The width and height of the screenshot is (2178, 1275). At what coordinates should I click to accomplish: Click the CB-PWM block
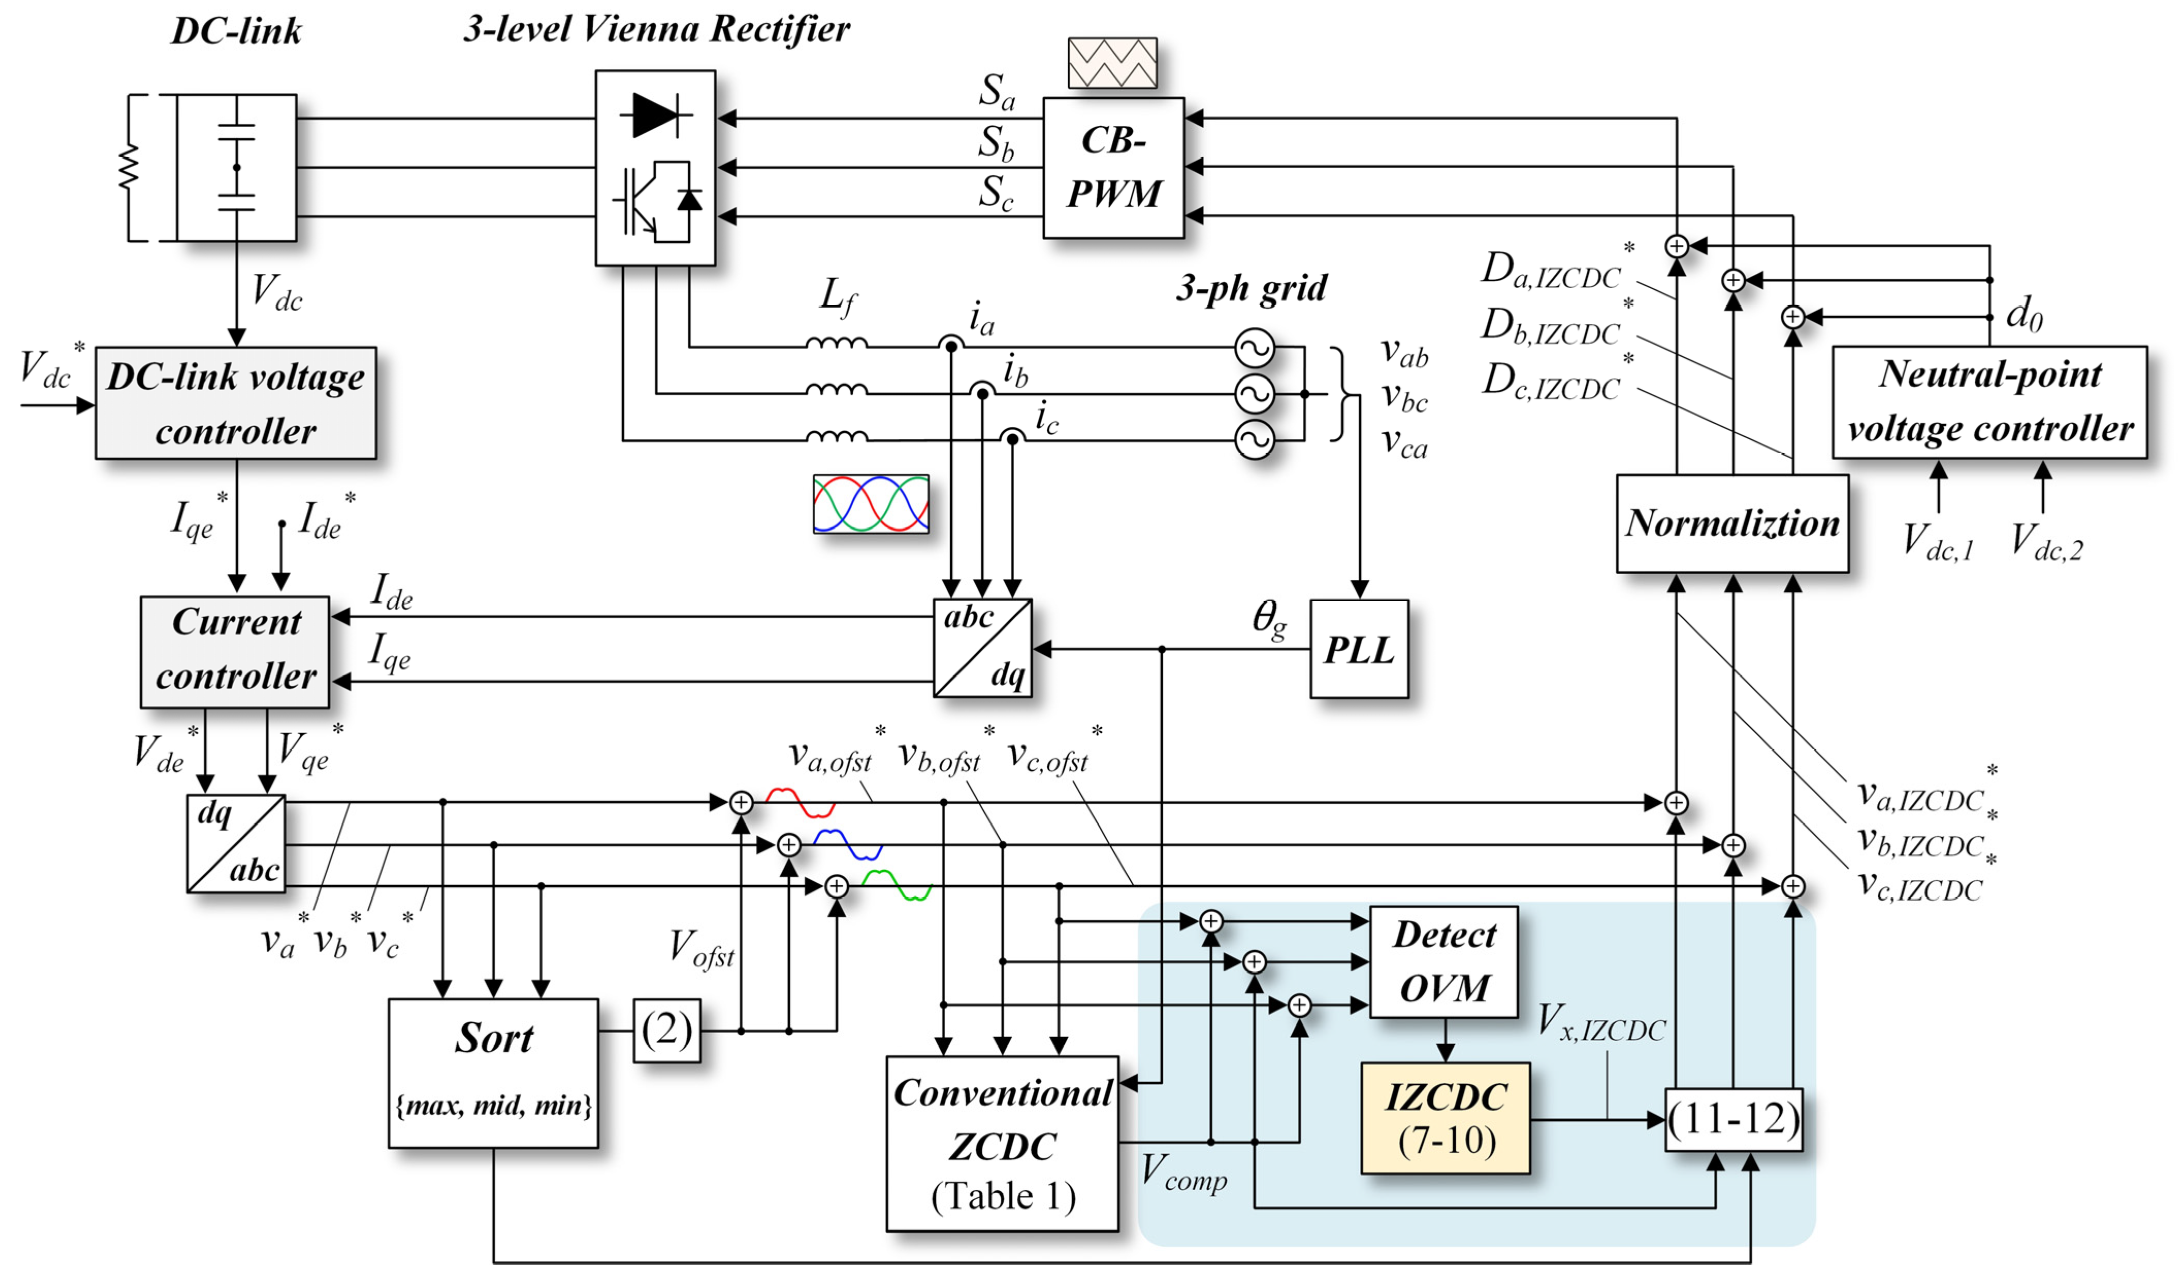pyautogui.click(x=1113, y=168)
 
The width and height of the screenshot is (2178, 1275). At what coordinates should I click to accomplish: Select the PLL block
pyautogui.click(x=1359, y=649)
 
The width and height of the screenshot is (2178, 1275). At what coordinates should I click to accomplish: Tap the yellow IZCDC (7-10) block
pyautogui.click(x=1445, y=1118)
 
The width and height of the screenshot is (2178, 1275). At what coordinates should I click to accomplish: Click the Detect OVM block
pyautogui.click(x=1443, y=962)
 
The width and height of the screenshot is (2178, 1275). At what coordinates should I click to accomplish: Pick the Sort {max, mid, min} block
pyautogui.click(x=493, y=1073)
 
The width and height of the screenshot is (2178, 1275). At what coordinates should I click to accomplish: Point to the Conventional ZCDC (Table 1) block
pyautogui.click(x=1002, y=1144)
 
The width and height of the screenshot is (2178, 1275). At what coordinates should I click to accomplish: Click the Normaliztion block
pyautogui.click(x=1732, y=523)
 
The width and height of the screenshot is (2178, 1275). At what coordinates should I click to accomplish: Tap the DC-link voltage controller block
pyautogui.click(x=235, y=403)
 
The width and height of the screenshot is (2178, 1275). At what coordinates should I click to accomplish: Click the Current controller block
pyautogui.click(x=235, y=651)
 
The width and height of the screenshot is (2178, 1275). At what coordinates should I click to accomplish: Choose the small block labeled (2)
pyautogui.click(x=667, y=1031)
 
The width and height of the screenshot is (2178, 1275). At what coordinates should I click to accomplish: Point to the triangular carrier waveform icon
pyautogui.click(x=1112, y=63)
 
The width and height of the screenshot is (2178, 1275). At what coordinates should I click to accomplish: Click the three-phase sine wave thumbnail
pyautogui.click(x=870, y=504)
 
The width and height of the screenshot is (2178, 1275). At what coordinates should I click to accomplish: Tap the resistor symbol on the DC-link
pyautogui.click(x=129, y=168)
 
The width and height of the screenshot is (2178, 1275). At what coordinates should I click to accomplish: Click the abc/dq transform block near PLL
pyautogui.click(x=982, y=648)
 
